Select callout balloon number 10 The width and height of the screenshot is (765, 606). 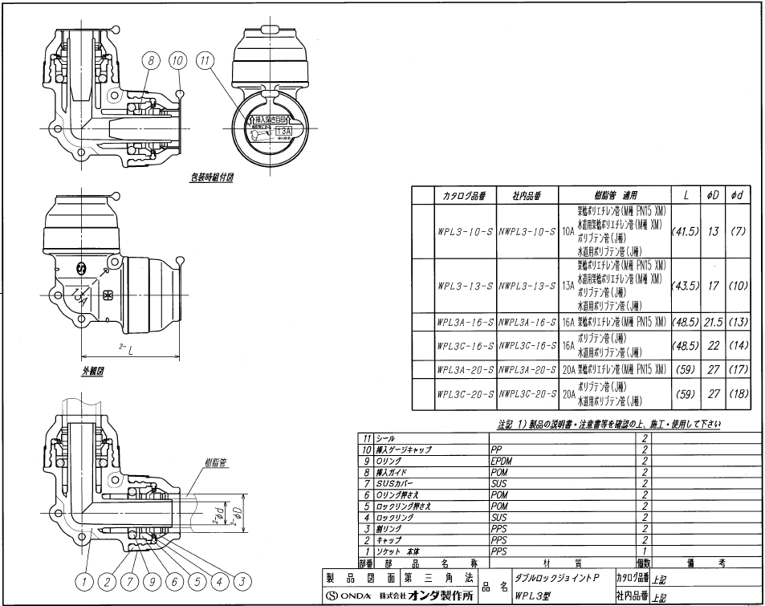pos(177,59)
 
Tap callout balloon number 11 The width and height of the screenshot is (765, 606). pos(208,59)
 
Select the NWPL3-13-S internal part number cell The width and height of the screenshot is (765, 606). pos(527,285)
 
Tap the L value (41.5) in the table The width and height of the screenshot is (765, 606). pos(686,231)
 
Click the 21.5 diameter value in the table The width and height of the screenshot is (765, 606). pos(714,321)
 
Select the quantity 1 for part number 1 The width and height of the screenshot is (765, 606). pos(644,552)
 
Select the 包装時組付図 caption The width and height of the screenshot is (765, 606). pos(210,179)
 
